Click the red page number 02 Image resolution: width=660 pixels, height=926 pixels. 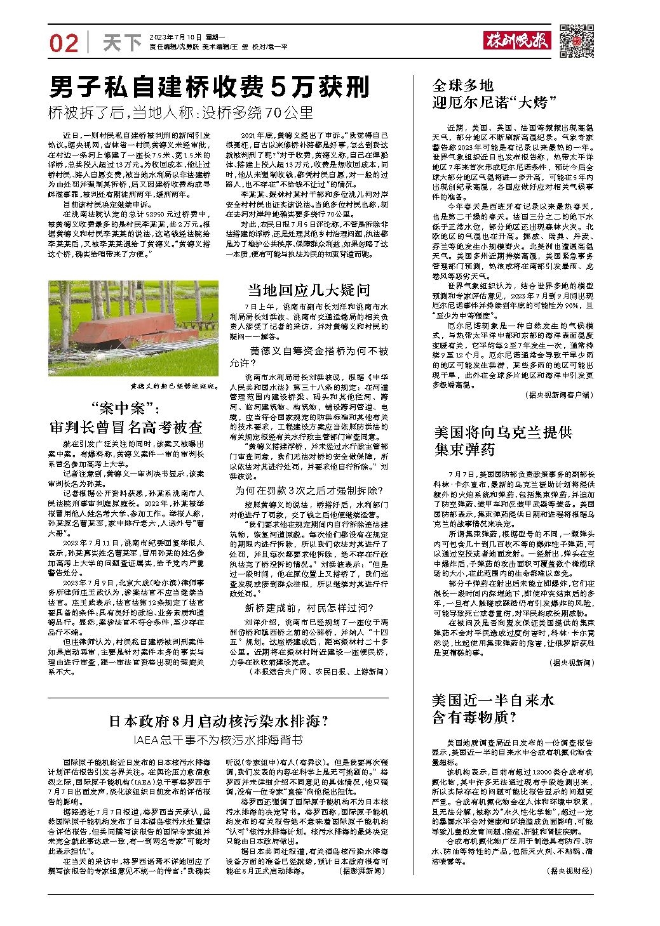coord(64,43)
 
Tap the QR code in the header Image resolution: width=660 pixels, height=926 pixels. coord(577,41)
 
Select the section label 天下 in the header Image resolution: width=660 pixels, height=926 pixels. coord(121,43)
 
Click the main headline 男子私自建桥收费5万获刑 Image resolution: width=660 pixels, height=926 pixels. coord(209,87)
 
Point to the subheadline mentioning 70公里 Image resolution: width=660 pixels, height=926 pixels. coord(181,113)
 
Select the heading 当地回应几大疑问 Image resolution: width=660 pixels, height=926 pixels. coord(309,290)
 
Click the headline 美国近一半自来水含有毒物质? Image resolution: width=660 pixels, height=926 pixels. coord(492,708)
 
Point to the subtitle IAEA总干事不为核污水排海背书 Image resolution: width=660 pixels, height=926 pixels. coord(217,740)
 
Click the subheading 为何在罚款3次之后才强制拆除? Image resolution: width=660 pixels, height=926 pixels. coord(309,491)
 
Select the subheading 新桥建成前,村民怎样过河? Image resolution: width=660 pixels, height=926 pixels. coord(309,608)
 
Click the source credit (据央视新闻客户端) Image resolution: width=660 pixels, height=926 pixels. coord(559,395)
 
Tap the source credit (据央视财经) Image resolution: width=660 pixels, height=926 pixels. coord(569,871)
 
